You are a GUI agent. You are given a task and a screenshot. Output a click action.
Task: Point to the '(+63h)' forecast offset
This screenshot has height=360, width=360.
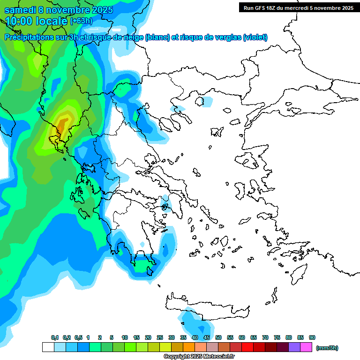click(x=81, y=21)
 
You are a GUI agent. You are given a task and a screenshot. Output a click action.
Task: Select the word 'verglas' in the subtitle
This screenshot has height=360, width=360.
click(x=225, y=37)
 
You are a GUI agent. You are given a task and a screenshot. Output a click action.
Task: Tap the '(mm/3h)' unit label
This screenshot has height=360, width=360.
click(x=327, y=348)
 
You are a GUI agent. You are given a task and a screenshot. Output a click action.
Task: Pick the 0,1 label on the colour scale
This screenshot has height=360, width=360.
click(x=54, y=338)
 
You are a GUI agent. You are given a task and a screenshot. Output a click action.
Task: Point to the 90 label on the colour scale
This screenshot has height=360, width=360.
click(x=312, y=338)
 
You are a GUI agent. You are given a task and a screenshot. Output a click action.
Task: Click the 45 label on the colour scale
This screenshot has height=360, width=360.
click(x=207, y=338)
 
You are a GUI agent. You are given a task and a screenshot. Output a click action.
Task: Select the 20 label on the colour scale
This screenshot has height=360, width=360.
click(x=148, y=338)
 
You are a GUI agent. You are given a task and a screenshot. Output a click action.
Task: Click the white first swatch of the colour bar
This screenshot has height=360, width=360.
click(x=48, y=347)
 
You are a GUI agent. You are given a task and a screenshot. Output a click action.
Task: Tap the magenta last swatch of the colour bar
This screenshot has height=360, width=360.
click(x=306, y=347)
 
